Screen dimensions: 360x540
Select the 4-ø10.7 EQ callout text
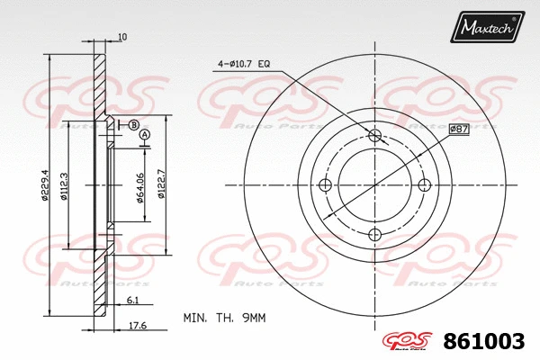244,64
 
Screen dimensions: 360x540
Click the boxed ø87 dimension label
459,130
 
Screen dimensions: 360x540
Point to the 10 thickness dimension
122,37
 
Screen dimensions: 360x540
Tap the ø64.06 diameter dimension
142,187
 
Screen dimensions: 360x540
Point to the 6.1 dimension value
131,300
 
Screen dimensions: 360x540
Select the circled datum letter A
144,135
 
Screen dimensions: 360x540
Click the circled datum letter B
132,124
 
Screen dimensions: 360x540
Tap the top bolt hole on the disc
375,135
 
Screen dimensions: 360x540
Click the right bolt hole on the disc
426,185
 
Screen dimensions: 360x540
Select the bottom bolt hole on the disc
375,236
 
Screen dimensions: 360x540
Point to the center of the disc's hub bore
375,185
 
